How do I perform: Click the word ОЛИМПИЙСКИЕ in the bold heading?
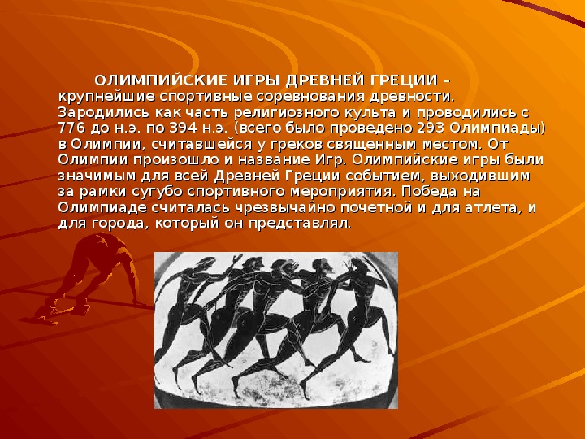tap(161, 80)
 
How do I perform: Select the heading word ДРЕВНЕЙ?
tap(325, 80)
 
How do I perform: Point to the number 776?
tap(71, 128)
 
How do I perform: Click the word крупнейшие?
tap(106, 97)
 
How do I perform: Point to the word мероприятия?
tap(342, 192)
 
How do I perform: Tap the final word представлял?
tap(300, 224)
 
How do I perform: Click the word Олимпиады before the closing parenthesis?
tap(497, 128)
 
